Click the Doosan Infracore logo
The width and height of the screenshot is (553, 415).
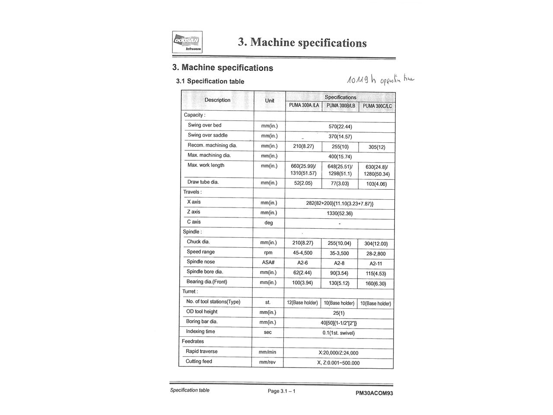click(187, 42)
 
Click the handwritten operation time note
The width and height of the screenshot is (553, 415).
click(380, 80)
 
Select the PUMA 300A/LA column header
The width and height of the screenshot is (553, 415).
click(304, 105)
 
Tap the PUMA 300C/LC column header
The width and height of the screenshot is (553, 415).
click(377, 106)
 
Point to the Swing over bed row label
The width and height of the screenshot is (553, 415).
click(204, 125)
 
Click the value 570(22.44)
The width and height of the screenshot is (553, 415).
click(340, 127)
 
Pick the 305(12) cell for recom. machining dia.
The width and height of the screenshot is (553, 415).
click(377, 147)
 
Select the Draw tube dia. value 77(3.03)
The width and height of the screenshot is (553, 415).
click(340, 184)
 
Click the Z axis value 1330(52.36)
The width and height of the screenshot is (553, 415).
click(340, 213)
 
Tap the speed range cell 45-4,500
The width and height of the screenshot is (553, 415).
click(302, 253)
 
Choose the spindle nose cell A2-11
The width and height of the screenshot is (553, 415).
click(376, 264)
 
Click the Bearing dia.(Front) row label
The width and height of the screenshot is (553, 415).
click(207, 282)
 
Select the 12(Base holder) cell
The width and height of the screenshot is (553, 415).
click(302, 303)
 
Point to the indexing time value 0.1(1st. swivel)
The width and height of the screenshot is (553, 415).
click(339, 333)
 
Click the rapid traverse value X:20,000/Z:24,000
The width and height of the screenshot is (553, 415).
click(338, 353)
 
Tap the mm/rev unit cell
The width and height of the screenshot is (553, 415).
click(267, 362)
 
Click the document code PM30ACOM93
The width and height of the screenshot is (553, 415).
click(374, 393)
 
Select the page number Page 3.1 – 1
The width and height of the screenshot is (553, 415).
click(282, 391)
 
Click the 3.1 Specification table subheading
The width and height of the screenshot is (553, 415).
click(210, 81)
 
